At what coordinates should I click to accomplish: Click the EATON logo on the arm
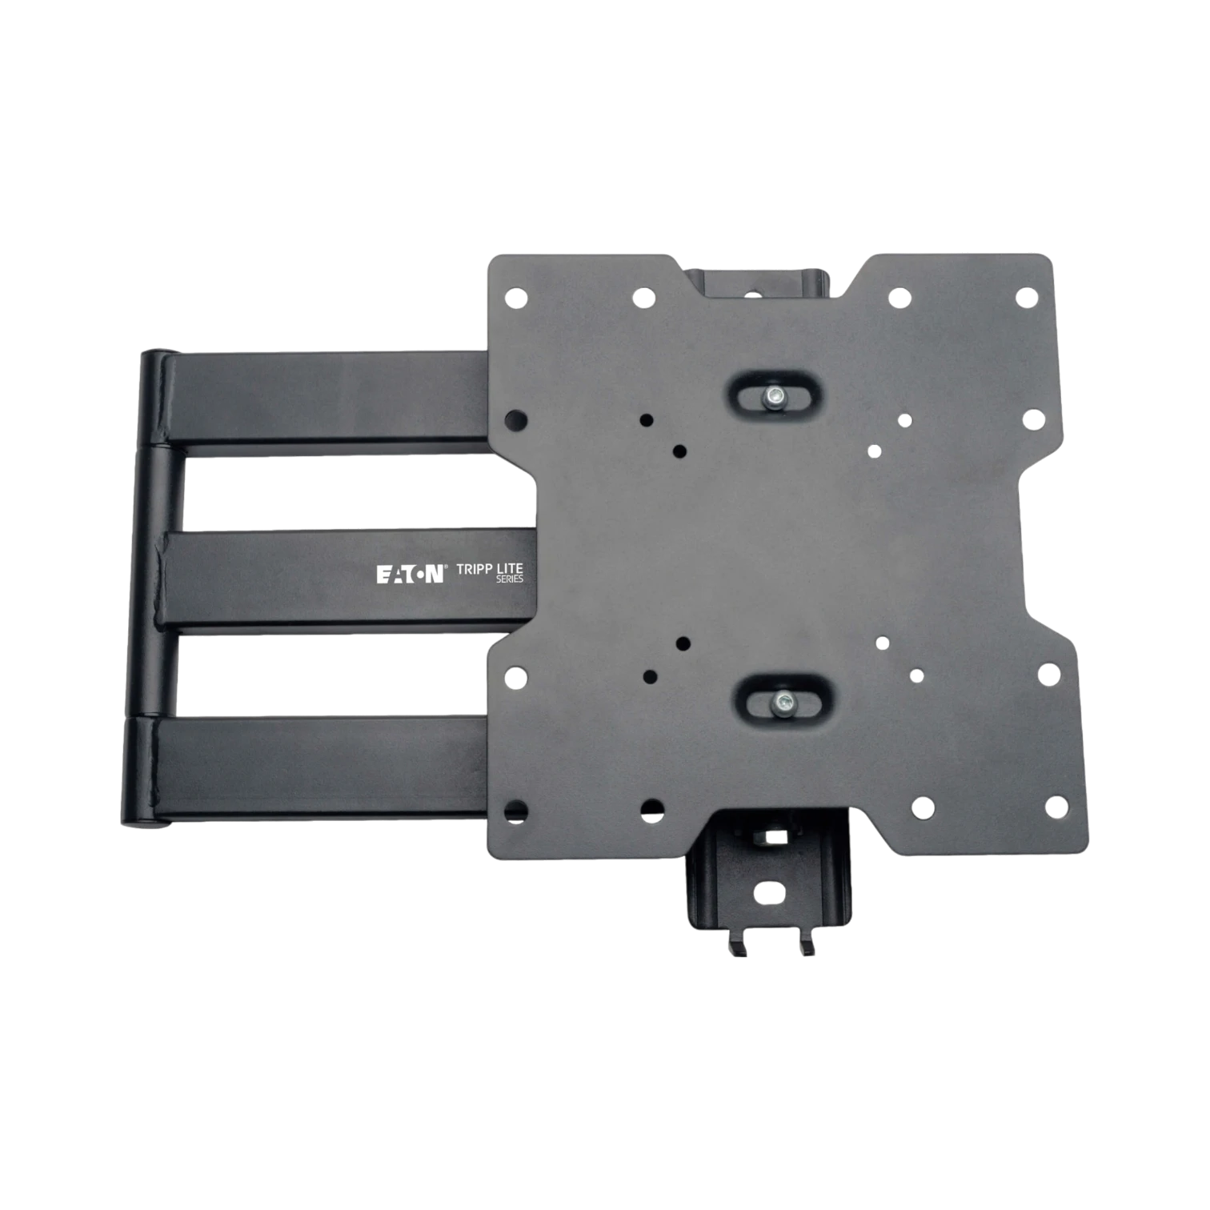[410, 575]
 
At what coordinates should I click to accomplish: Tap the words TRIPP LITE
[490, 569]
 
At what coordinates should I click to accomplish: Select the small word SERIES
[510, 579]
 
